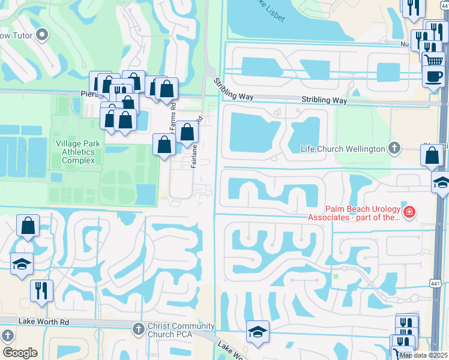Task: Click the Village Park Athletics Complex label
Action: [x=76, y=152]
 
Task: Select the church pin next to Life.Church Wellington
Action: [x=394, y=147]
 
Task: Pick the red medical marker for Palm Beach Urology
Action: [x=409, y=211]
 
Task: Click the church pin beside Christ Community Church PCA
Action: [x=138, y=328]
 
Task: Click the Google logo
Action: [x=19, y=353]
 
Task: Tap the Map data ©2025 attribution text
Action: [x=423, y=355]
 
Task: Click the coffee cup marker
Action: [x=433, y=76]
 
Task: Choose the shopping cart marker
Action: [x=433, y=59]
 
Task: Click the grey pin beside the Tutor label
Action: [x=42, y=36]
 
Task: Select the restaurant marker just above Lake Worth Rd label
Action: [x=41, y=291]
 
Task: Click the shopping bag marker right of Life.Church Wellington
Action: [x=432, y=155]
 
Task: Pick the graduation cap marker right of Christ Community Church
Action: [x=258, y=332]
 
